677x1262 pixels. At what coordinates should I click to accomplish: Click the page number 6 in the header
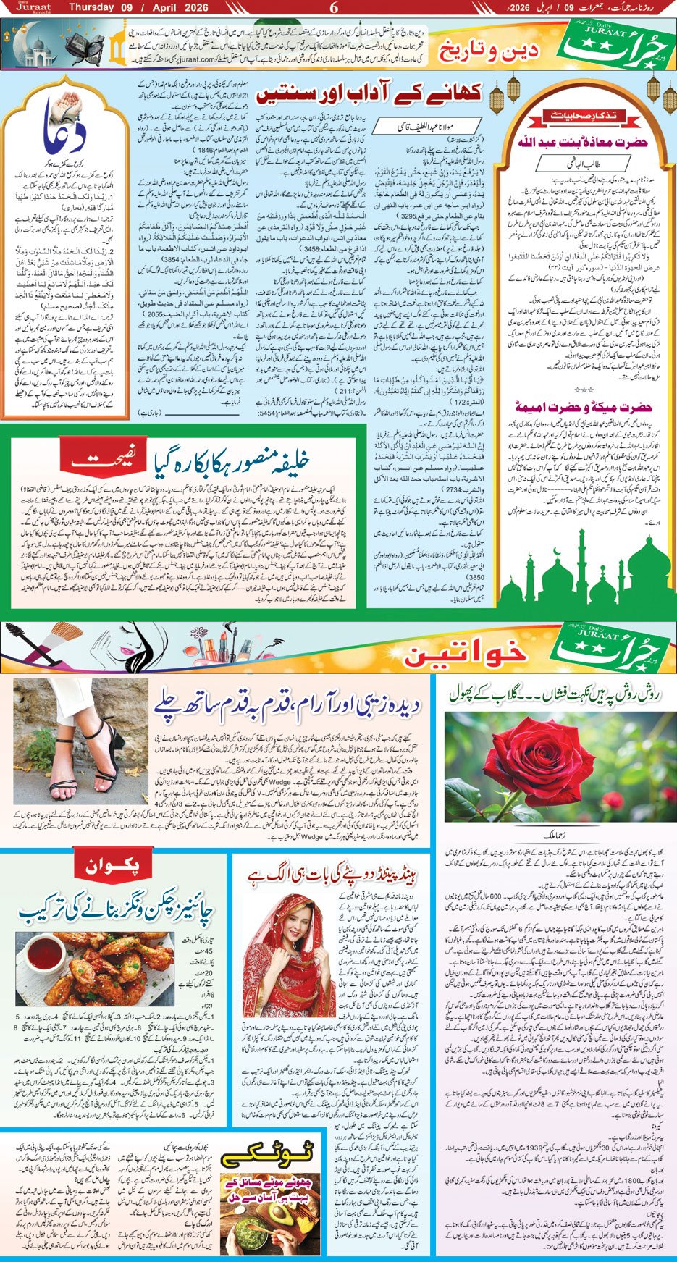pyautogui.click(x=334, y=8)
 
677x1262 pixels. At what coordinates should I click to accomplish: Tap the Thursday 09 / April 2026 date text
pyautogui.click(x=138, y=8)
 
